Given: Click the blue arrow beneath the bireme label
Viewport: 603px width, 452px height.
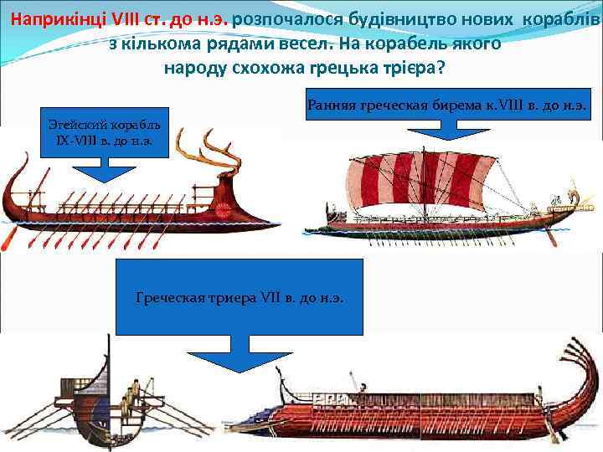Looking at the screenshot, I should (x=453, y=131).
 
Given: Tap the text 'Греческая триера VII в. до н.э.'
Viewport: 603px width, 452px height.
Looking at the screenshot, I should (x=240, y=297).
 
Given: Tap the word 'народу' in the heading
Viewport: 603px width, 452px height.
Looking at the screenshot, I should (x=194, y=68).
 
